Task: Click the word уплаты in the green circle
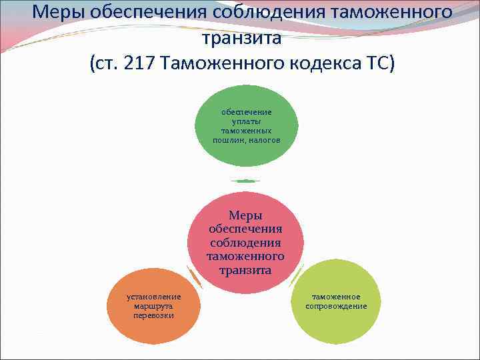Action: click(x=246, y=121)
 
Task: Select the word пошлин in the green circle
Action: click(x=228, y=140)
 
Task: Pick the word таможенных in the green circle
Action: click(x=246, y=131)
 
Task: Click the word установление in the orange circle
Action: click(x=153, y=296)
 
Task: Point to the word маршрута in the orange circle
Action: click(x=153, y=305)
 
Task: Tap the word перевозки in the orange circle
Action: click(x=153, y=315)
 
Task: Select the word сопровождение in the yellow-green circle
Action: click(x=336, y=306)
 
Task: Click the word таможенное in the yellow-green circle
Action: click(x=336, y=297)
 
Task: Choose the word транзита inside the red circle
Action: click(x=245, y=270)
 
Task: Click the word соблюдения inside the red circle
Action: click(x=245, y=243)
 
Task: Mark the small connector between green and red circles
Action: click(x=245, y=181)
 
